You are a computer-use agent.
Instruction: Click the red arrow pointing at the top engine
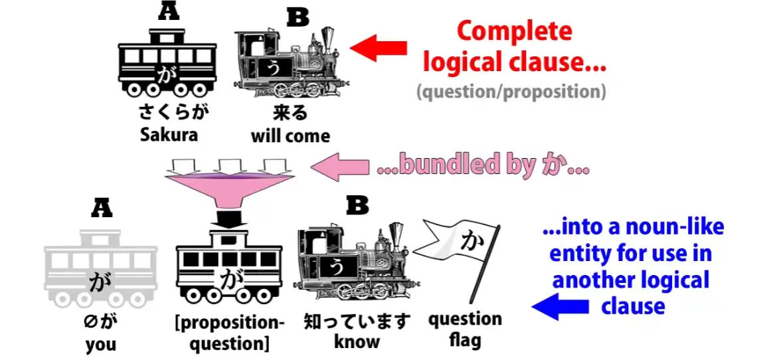pyautogui.click(x=378, y=48)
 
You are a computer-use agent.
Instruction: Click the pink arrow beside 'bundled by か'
pyautogui.click(x=341, y=167)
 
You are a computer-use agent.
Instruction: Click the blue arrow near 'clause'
pyautogui.click(x=560, y=307)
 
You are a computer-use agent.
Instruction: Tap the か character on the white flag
pyautogui.click(x=470, y=243)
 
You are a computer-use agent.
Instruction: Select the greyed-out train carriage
pyautogui.click(x=100, y=269)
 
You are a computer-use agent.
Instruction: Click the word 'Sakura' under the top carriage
pyautogui.click(x=169, y=135)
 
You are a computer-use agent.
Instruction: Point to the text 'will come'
pyautogui.click(x=290, y=135)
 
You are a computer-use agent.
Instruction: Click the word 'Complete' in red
pyautogui.click(x=514, y=31)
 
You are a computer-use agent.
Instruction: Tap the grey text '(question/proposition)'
pyautogui.click(x=511, y=91)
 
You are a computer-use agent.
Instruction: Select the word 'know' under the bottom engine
pyautogui.click(x=357, y=342)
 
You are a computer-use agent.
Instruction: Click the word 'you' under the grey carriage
pyautogui.click(x=100, y=344)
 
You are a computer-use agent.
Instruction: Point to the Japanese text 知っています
pyautogui.click(x=357, y=322)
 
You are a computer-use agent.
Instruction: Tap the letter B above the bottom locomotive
pyautogui.click(x=357, y=206)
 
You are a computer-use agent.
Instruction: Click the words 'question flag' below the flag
pyautogui.click(x=465, y=330)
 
